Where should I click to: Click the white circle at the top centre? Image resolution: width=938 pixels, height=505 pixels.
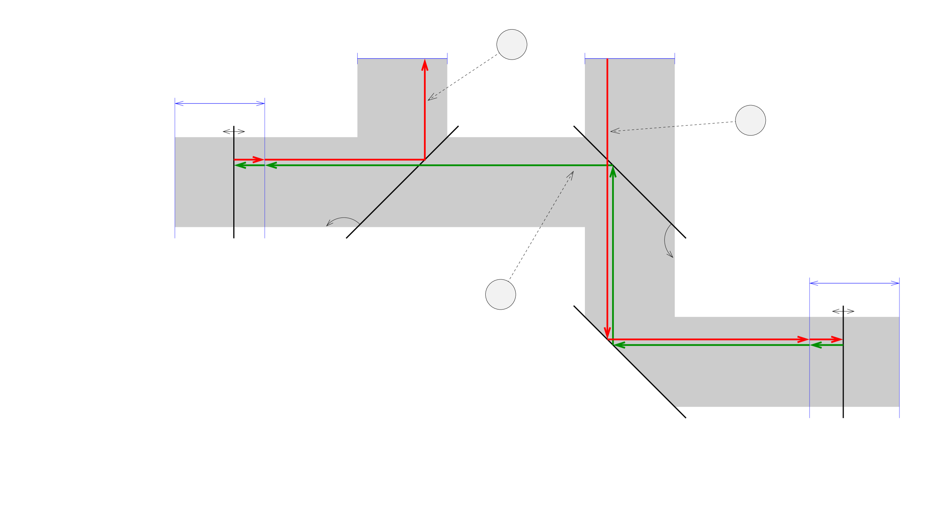pos(512,45)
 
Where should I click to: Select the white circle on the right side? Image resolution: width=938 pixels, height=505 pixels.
pos(750,120)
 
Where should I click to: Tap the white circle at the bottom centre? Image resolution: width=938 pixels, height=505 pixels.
pos(500,294)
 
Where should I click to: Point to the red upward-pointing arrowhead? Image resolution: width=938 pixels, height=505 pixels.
pos(425,65)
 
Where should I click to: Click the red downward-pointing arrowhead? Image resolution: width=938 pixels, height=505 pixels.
pos(607,332)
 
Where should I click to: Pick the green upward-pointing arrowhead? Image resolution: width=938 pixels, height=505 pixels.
pos(613,172)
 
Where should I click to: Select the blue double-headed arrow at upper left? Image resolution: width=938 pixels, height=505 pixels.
pos(219,103)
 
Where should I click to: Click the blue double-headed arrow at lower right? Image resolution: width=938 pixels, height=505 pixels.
pos(854,283)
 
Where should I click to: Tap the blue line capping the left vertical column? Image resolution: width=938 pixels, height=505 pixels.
pos(402,58)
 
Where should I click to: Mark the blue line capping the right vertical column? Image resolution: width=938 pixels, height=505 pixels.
pos(629,58)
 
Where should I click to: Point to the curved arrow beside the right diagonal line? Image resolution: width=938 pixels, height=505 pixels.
pos(667,241)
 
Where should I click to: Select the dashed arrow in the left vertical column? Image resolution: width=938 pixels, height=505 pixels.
pos(437,94)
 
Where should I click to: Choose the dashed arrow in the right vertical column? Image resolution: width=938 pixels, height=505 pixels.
pos(642,129)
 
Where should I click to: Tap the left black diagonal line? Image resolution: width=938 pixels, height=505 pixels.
pos(403,182)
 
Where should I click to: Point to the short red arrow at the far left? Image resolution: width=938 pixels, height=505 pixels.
pos(249,159)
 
